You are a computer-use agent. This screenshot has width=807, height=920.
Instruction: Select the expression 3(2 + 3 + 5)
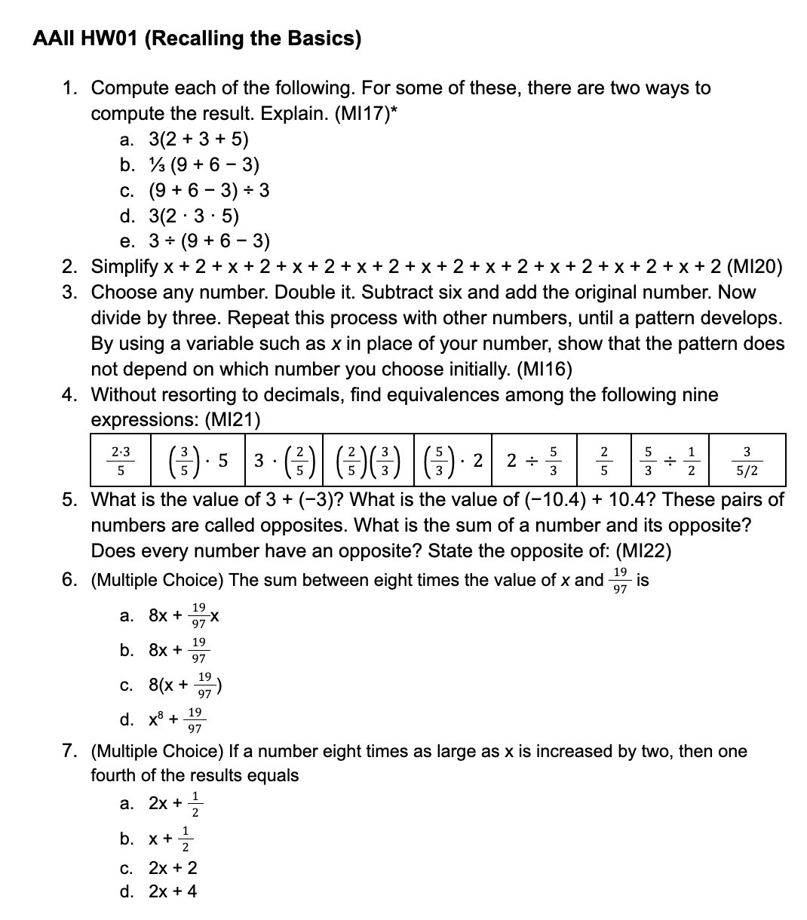(x=198, y=139)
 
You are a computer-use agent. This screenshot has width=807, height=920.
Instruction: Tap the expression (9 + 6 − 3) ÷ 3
(x=209, y=190)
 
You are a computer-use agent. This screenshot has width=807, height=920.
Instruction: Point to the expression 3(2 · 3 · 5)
(x=194, y=216)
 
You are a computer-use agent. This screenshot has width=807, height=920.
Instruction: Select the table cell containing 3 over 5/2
(x=747, y=460)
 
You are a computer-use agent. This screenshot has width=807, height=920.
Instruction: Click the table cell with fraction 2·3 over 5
(x=121, y=460)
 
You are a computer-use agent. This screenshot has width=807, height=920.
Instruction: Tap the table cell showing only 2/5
(x=603, y=460)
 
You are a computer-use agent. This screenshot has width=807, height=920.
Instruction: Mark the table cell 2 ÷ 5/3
(x=532, y=460)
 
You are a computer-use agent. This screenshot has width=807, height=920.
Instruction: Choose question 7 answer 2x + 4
(x=173, y=891)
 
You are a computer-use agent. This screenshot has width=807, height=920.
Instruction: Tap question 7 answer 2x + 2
(x=173, y=867)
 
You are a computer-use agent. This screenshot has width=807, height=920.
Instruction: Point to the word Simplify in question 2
(x=124, y=267)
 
